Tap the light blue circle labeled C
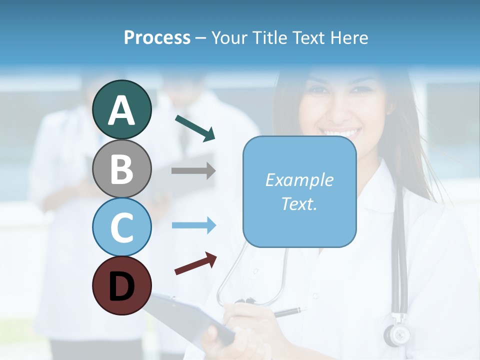(121, 227)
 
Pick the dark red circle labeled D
(121, 285)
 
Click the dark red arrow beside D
(195, 263)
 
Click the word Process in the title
(157, 37)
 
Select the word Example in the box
(299, 180)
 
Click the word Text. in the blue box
(299, 203)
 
